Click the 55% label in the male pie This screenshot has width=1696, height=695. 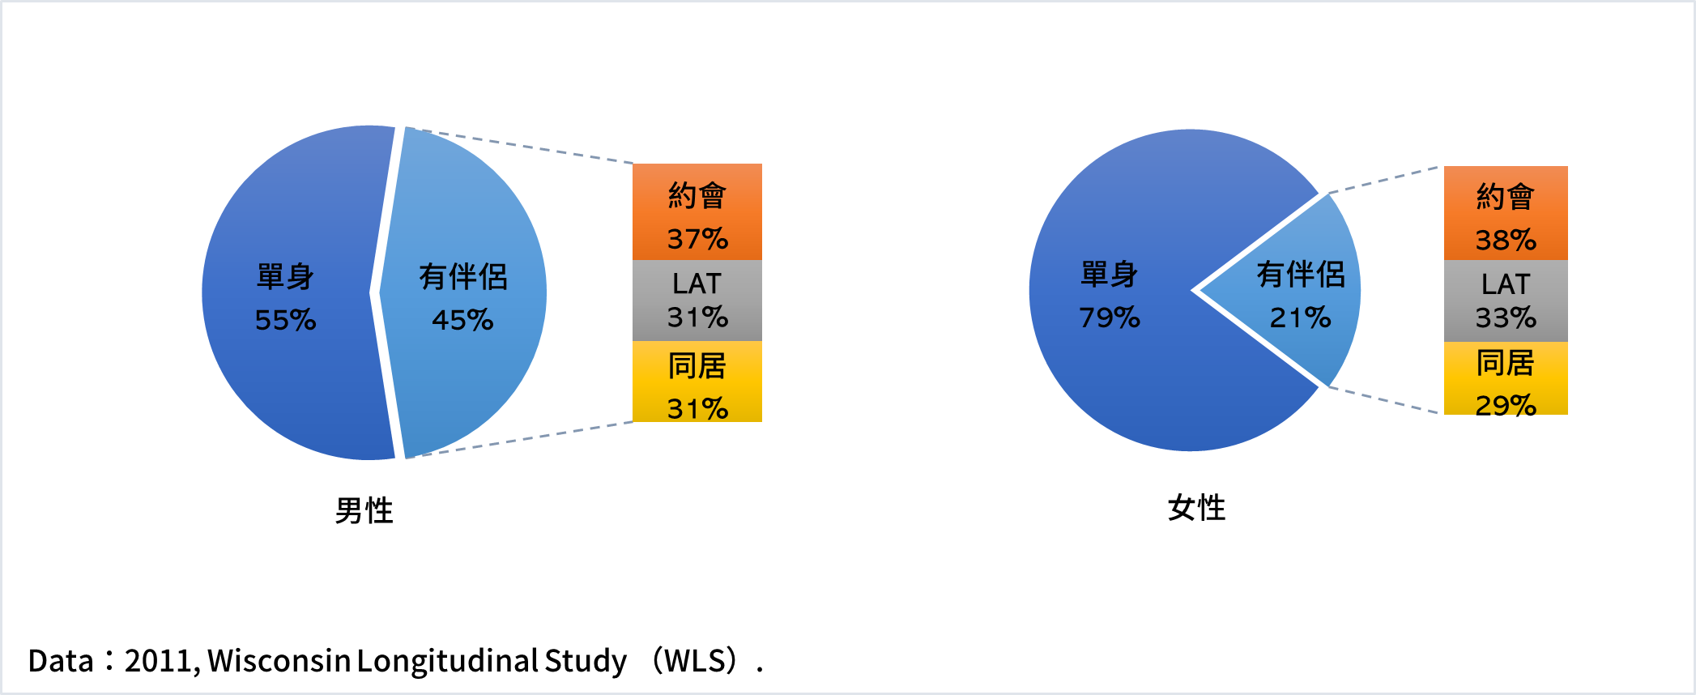pos(285,320)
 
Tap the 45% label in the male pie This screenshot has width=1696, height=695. pos(462,320)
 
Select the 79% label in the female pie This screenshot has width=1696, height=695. pos(1109,318)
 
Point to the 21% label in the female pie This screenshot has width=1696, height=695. pos(1300,318)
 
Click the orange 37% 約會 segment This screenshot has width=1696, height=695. pos(697,212)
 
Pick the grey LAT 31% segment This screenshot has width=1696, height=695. pos(697,301)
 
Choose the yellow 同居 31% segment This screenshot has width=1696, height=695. pos(697,382)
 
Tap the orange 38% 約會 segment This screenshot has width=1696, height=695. pos(1505,213)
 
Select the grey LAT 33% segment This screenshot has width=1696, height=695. pos(1505,301)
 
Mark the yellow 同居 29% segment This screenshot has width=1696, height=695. pos(1505,378)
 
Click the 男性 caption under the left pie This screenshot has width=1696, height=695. pos(364,511)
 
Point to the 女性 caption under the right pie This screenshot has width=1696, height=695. pos(1196,508)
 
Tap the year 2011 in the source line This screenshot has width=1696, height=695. pos(158,661)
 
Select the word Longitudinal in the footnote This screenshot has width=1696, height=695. pos(447,661)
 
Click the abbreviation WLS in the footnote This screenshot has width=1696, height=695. pos(694,661)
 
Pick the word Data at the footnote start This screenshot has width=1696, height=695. pos(61,661)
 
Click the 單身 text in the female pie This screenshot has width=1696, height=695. pos(1109,275)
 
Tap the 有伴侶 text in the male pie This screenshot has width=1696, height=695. pos(462,277)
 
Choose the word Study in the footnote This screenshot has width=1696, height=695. pos(586,661)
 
